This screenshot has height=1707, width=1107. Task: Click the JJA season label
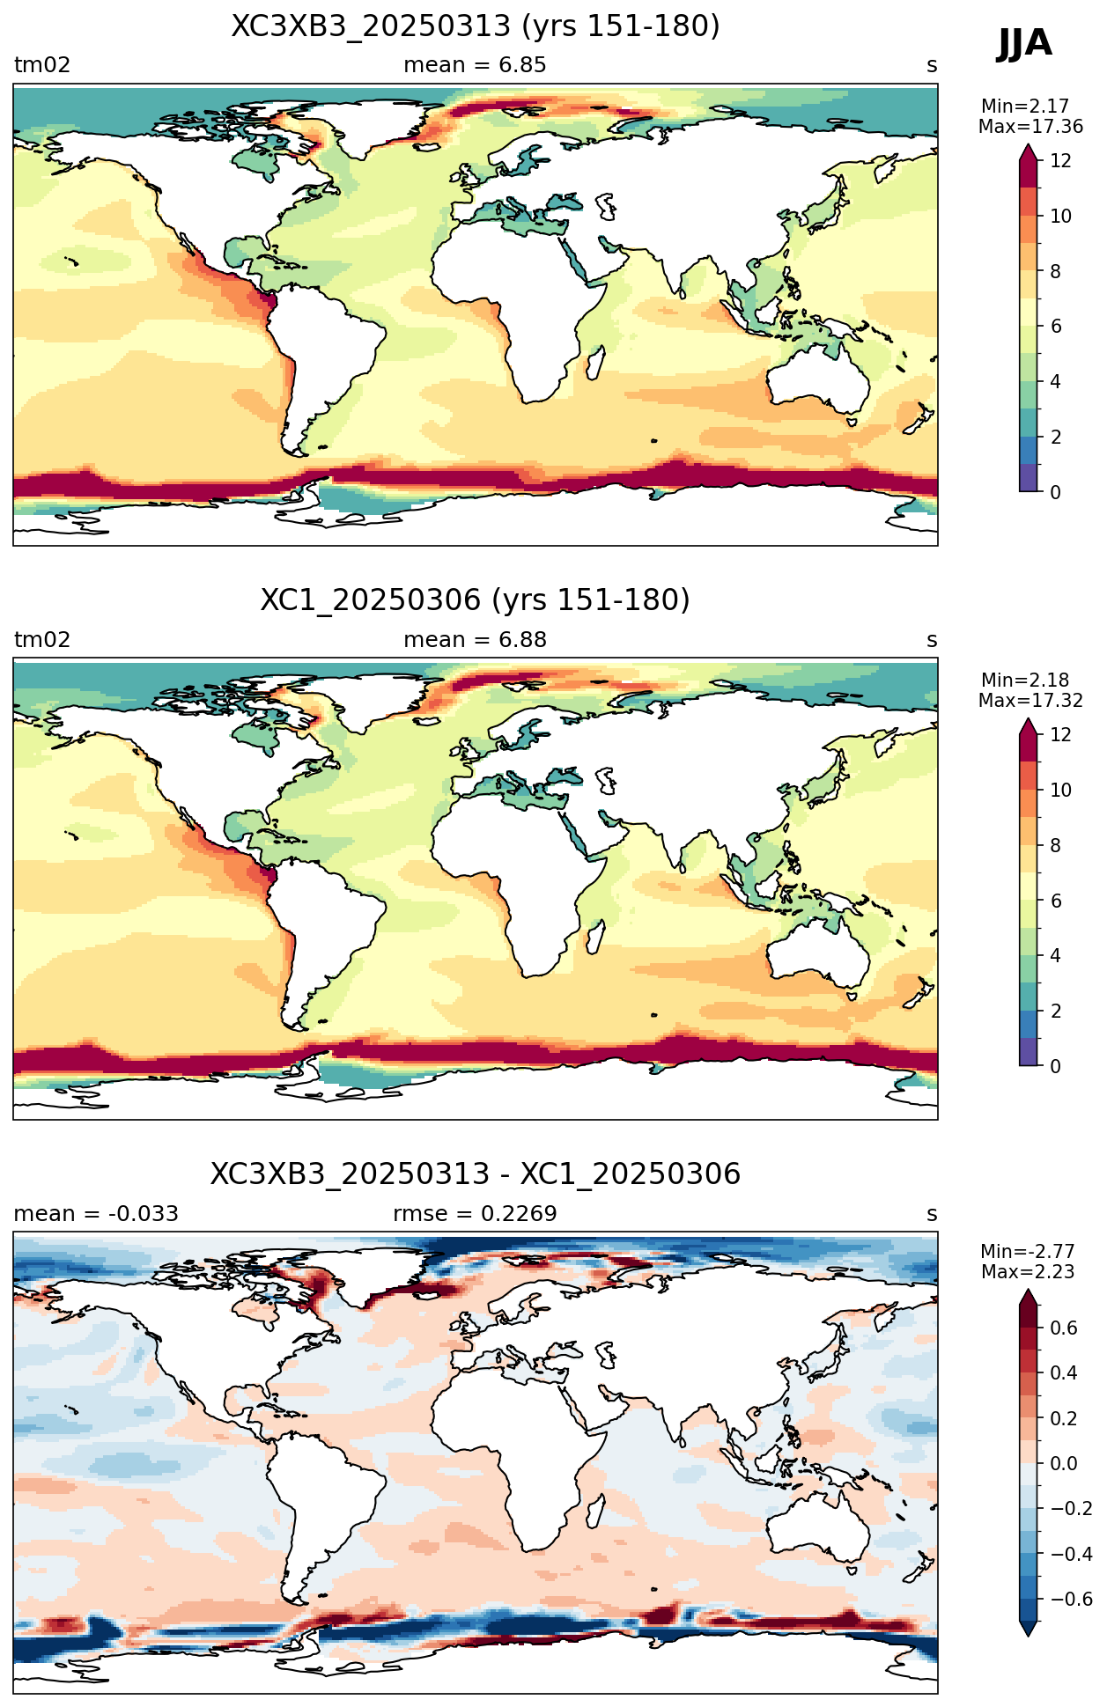[1024, 43]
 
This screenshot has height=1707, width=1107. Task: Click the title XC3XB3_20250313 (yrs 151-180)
[476, 26]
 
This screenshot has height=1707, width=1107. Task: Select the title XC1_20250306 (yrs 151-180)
[476, 600]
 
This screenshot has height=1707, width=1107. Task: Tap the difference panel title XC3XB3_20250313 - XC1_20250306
[476, 1174]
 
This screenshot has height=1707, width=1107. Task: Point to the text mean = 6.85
[475, 65]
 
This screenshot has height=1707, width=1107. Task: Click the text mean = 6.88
[475, 640]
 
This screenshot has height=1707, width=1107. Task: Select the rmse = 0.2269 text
[475, 1214]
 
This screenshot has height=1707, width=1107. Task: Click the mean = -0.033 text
[96, 1214]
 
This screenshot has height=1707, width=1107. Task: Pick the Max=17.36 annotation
[1030, 127]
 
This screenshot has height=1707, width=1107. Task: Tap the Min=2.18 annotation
[1025, 681]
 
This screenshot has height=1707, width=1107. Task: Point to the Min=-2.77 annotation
[1028, 1252]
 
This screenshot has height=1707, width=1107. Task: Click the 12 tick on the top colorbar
[1061, 161]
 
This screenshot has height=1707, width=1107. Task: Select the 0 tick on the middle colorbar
[1056, 1066]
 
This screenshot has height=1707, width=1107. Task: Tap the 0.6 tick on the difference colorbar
[1064, 1328]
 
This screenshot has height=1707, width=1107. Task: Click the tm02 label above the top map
[42, 65]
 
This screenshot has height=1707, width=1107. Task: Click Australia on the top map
[816, 379]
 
